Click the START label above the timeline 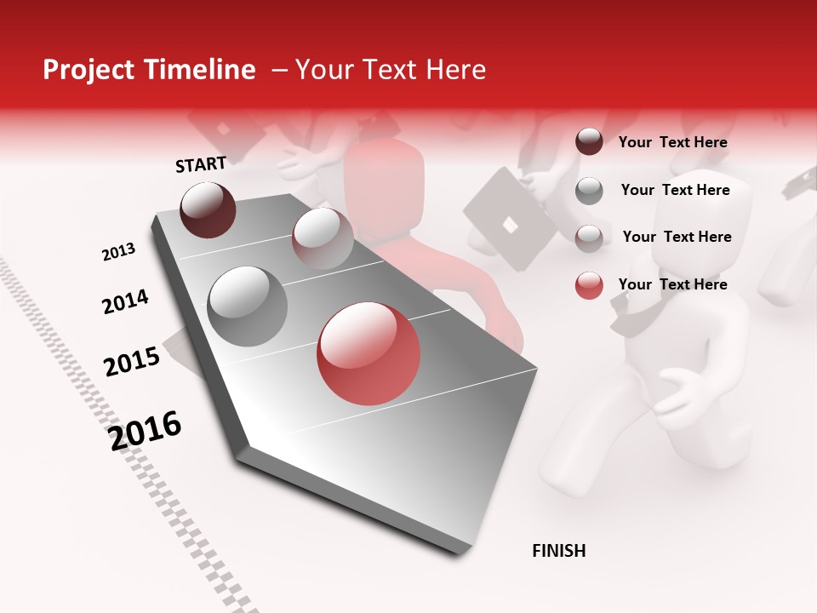pyautogui.click(x=201, y=164)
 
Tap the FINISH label pyautogui.click(x=558, y=551)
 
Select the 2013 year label pyautogui.click(x=118, y=252)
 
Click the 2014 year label pyautogui.click(x=125, y=301)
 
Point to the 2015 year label pyautogui.click(x=132, y=362)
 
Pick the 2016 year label pyautogui.click(x=146, y=431)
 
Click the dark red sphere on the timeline pyautogui.click(x=208, y=209)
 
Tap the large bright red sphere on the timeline pyautogui.click(x=369, y=354)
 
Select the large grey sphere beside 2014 pyautogui.click(x=247, y=306)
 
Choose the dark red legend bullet pyautogui.click(x=589, y=142)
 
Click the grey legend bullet pyautogui.click(x=589, y=191)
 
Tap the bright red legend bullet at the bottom pyautogui.click(x=589, y=285)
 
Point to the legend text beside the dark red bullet pyautogui.click(x=672, y=142)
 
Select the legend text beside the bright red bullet pyautogui.click(x=672, y=284)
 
